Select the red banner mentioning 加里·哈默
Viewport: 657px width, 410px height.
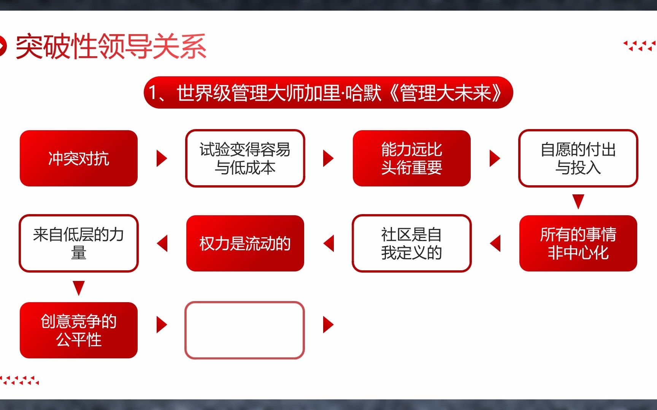[x=328, y=93]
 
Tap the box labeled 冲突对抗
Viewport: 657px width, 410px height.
[x=79, y=158]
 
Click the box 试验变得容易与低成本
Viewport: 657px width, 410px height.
[x=245, y=158]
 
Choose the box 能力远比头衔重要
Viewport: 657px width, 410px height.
[x=411, y=158]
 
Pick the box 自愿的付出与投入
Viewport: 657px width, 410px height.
[x=578, y=158]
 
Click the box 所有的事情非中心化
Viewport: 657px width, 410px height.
[x=578, y=243]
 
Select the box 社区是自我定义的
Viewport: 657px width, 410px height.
[x=411, y=243]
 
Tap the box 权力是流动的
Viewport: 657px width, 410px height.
[x=245, y=243]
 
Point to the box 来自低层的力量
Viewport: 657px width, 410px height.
[x=79, y=243]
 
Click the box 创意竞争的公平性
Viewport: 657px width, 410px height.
[x=79, y=330]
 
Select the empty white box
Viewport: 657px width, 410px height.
[x=245, y=330]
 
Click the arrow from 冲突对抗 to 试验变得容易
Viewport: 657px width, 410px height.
[x=162, y=158]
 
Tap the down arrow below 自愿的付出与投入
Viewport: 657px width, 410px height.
[x=578, y=201]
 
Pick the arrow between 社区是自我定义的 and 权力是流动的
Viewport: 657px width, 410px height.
[x=329, y=243]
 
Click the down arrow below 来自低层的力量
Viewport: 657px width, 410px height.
[x=79, y=288]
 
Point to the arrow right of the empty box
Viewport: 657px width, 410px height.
[x=328, y=325]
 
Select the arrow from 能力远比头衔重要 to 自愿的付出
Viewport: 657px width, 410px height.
[x=494, y=158]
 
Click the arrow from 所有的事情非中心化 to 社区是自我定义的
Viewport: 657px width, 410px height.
[x=495, y=243]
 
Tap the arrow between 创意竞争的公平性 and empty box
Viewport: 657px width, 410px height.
[x=162, y=325]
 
